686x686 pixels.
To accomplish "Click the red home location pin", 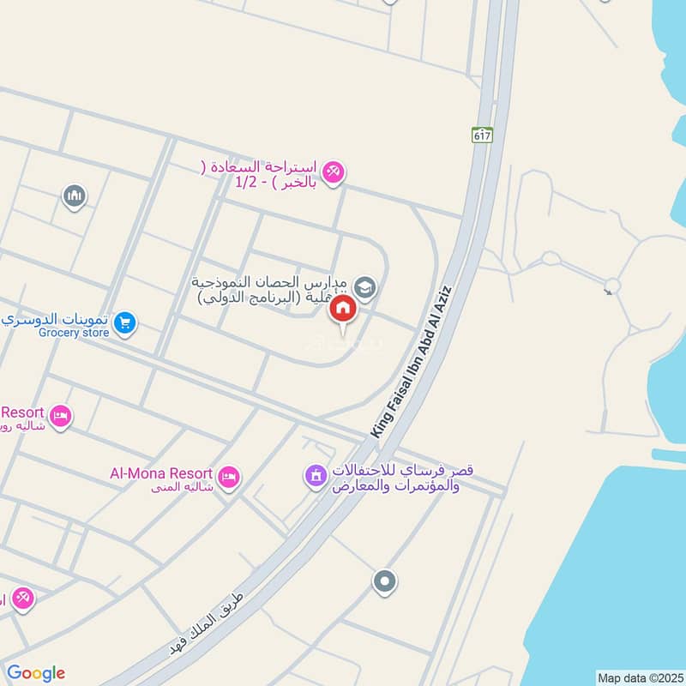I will [x=343, y=310].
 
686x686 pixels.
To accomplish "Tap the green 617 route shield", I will [x=482, y=135].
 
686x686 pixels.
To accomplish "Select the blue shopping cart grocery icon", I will [x=125, y=323].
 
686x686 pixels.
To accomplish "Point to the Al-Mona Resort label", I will [x=160, y=472].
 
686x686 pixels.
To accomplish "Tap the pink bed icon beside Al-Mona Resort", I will [x=228, y=478].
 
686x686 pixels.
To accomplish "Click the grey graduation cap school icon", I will [x=365, y=287].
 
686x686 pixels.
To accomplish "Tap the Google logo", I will [x=35, y=673].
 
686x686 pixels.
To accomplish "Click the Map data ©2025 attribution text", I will [x=639, y=677].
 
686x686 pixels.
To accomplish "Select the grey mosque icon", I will [x=75, y=197].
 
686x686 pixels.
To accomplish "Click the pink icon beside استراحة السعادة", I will [x=334, y=172].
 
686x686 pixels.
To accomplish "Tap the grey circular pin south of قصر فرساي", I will [x=384, y=582].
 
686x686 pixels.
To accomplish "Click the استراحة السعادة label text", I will [x=261, y=174].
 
